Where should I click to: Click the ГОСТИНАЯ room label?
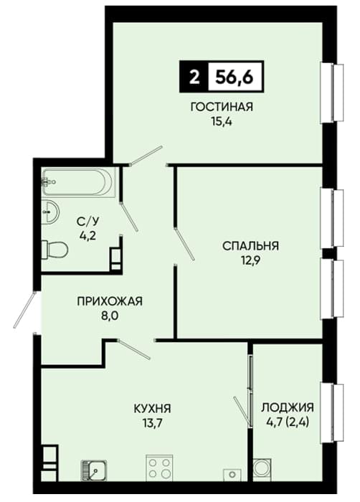click(x=222, y=107)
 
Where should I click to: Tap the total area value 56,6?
click(x=235, y=77)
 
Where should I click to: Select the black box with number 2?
click(x=194, y=77)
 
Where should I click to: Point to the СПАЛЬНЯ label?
click(x=250, y=246)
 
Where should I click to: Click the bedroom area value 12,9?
click(x=250, y=260)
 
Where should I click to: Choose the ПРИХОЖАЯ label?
click(x=110, y=301)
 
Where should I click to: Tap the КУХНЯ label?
click(x=152, y=409)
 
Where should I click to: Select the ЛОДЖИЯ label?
click(x=288, y=408)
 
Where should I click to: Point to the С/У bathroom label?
click(x=87, y=221)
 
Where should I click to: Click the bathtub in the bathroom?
click(x=78, y=182)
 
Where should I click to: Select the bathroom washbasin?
click(x=50, y=212)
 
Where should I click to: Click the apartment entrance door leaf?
click(x=24, y=310)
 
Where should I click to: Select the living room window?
click(x=332, y=93)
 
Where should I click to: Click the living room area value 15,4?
click(x=222, y=122)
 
